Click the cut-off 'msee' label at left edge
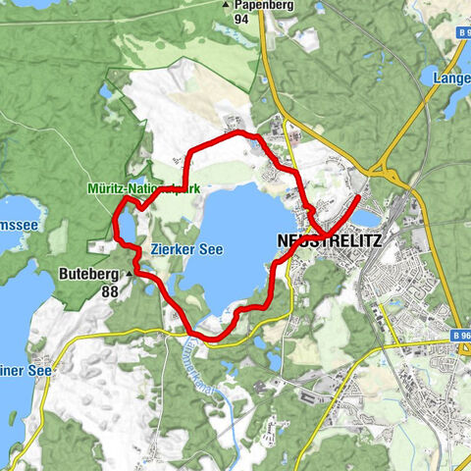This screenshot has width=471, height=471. click(x=17, y=225)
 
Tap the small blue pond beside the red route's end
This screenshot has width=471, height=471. click(x=365, y=217)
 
